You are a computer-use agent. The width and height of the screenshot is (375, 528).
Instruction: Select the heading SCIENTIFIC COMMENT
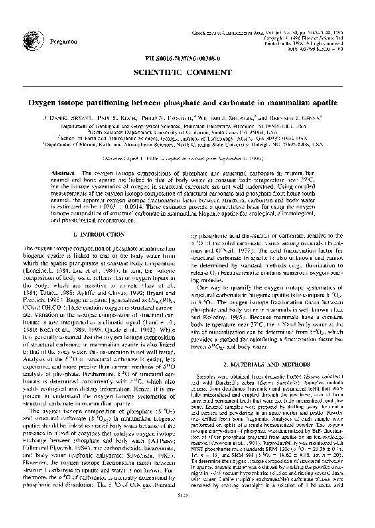pos(187,71)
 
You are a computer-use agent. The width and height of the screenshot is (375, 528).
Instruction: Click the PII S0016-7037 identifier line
pos(187,60)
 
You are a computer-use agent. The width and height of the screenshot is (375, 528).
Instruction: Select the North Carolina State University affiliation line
pos(187,143)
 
